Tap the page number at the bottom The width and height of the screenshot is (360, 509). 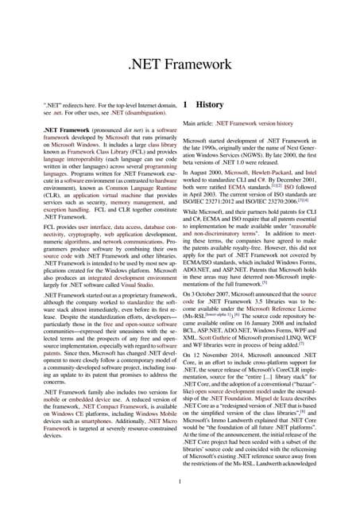pyautogui.click(x=180, y=480)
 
